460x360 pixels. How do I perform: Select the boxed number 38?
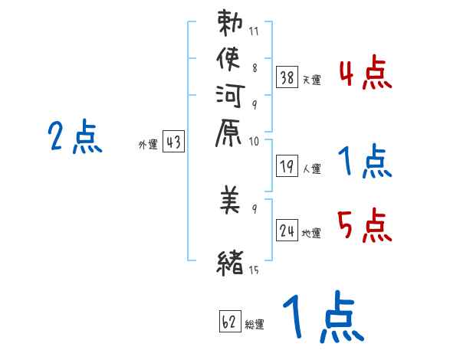[x=287, y=77]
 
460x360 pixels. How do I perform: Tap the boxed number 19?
[x=287, y=165]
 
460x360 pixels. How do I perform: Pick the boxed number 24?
[x=287, y=231]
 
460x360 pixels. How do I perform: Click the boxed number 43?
[x=174, y=142]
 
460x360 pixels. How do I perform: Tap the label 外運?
[x=148, y=144]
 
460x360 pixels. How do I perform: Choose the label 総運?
[x=255, y=324]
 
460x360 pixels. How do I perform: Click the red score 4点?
[x=364, y=74]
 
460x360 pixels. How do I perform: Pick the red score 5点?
[x=364, y=227]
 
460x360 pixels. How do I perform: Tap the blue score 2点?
[x=74, y=138]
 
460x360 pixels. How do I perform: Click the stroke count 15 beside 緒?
[x=255, y=270]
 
